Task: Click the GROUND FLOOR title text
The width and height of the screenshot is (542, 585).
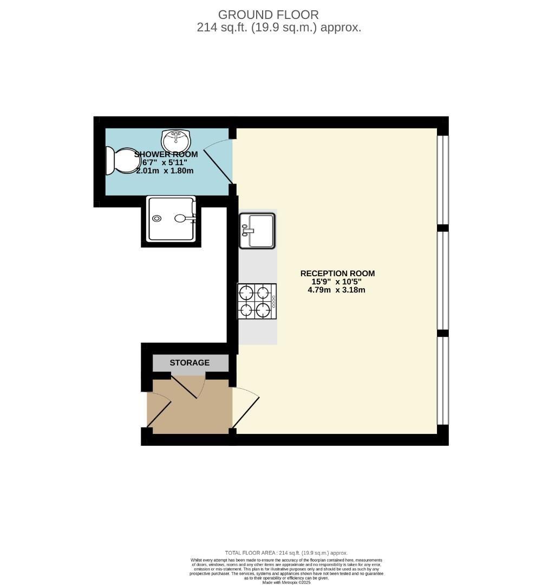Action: [268, 15]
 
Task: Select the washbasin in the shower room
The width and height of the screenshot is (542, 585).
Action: [175, 141]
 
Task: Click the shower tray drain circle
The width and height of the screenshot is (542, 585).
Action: [157, 218]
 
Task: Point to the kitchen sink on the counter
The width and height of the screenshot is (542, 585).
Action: [257, 229]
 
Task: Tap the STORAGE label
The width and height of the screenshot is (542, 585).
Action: [190, 362]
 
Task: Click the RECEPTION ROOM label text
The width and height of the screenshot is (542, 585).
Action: [337, 274]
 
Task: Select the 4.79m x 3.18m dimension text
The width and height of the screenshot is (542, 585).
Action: [336, 290]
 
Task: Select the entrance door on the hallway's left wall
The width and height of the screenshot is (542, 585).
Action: [158, 409]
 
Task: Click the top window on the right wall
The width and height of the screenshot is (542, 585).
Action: [443, 180]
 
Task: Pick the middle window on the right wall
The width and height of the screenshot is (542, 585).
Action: [443, 280]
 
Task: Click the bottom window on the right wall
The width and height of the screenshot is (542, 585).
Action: [443, 380]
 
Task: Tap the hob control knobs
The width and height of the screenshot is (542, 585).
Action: [273, 301]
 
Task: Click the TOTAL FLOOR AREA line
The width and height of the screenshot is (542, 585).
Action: [286, 552]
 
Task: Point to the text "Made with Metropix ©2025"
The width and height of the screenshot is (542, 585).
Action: [286, 582]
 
